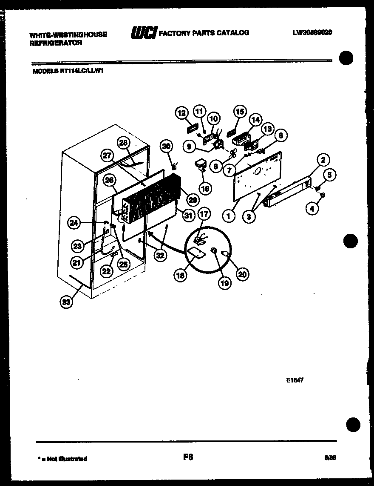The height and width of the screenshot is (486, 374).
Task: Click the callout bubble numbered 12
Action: click(x=181, y=113)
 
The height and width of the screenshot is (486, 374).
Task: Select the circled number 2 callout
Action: click(x=323, y=160)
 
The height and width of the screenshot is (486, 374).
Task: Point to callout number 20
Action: click(x=242, y=275)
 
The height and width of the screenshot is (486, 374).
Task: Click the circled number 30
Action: click(x=167, y=146)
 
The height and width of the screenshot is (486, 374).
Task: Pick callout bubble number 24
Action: click(x=74, y=222)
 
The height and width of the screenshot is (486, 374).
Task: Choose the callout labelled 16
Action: click(x=205, y=188)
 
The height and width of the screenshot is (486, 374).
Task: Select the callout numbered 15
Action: click(x=240, y=112)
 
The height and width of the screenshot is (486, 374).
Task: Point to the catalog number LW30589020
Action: click(x=312, y=32)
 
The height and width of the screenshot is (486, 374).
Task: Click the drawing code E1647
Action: click(x=295, y=381)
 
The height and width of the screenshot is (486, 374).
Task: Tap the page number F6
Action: click(x=188, y=457)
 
